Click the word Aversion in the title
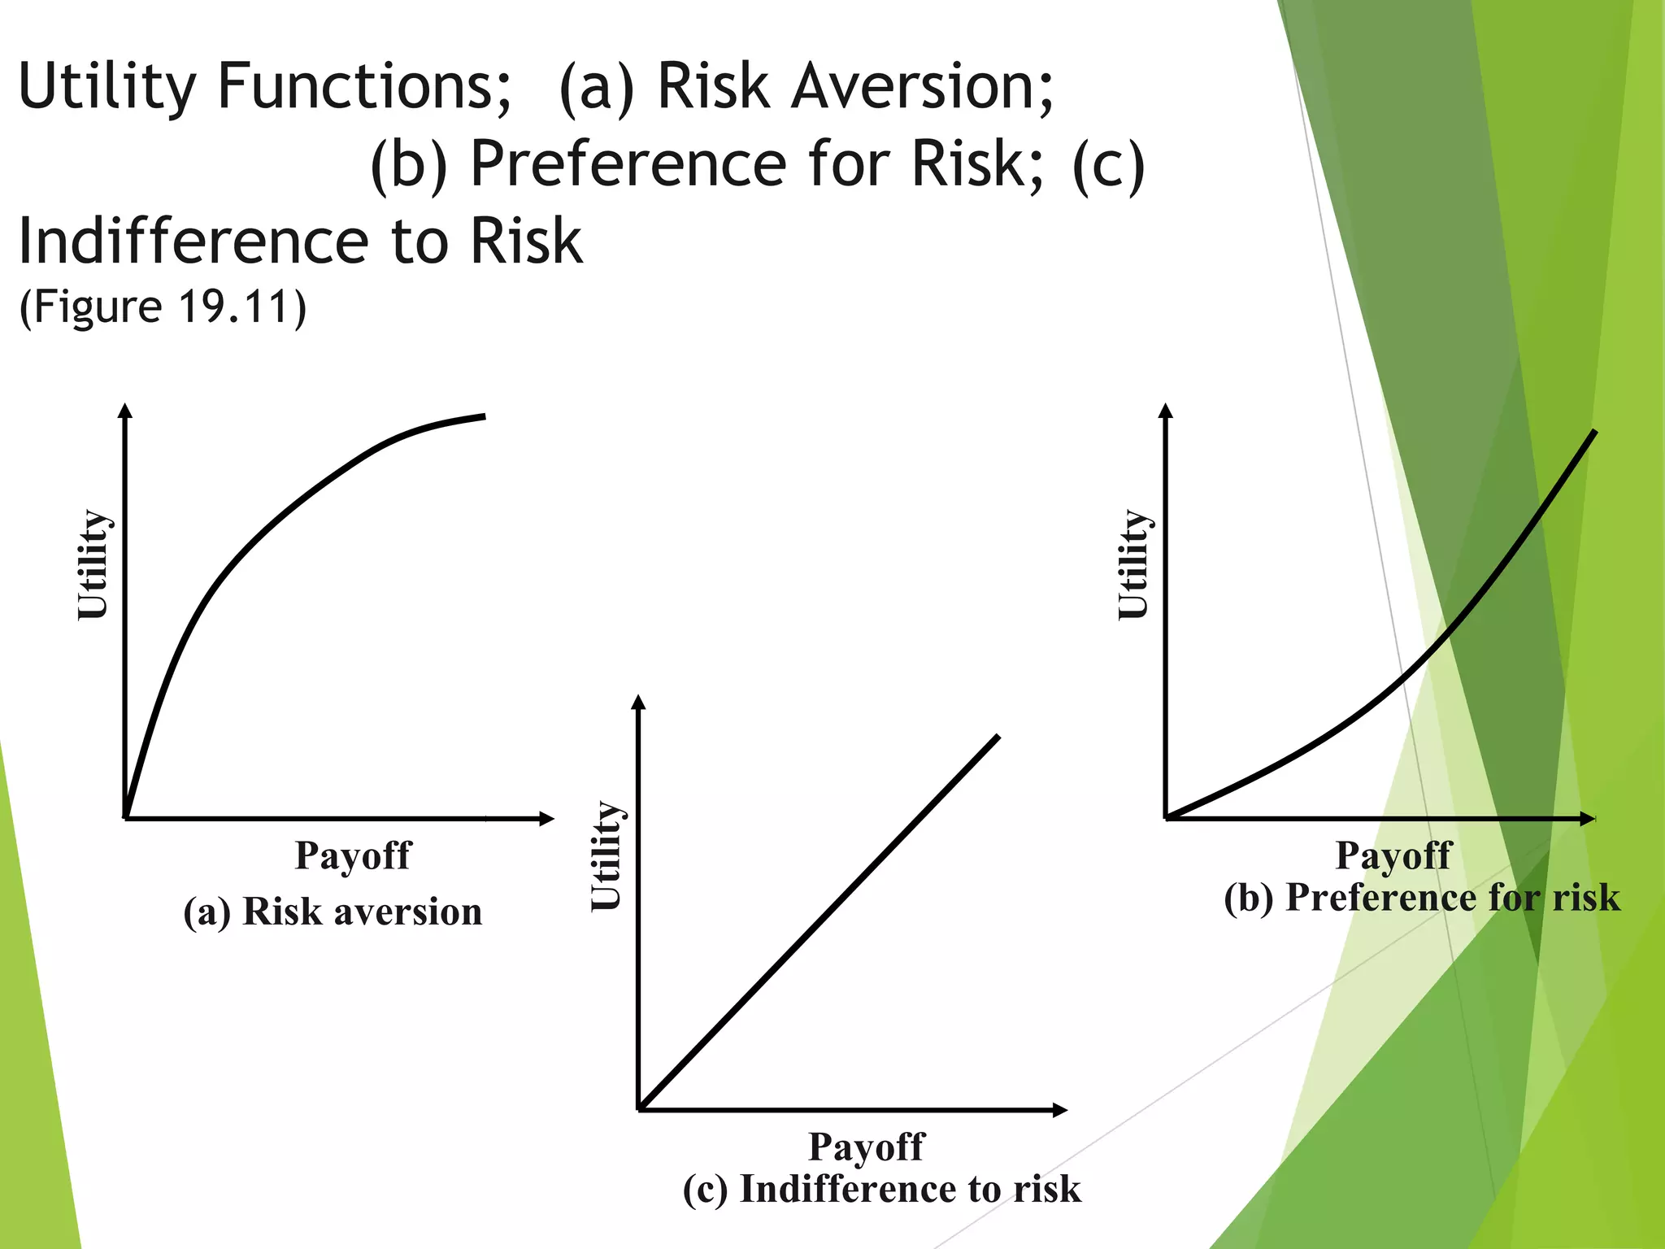click(x=923, y=86)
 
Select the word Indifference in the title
click(x=193, y=242)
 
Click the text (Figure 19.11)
click(x=163, y=307)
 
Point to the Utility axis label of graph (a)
click(x=92, y=564)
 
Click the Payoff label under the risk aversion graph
click(x=352, y=855)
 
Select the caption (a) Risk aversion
click(x=333, y=912)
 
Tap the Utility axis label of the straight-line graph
click(x=606, y=855)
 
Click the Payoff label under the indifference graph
click(x=866, y=1147)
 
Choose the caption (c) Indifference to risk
click(x=881, y=1190)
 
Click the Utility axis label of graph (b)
click(x=1132, y=564)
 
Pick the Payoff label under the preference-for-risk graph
click(x=1393, y=855)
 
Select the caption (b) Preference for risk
click(x=1421, y=898)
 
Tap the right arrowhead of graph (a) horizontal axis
click(x=547, y=819)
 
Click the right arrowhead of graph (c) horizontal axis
click(x=1059, y=1110)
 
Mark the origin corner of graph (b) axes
click(x=1167, y=818)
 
